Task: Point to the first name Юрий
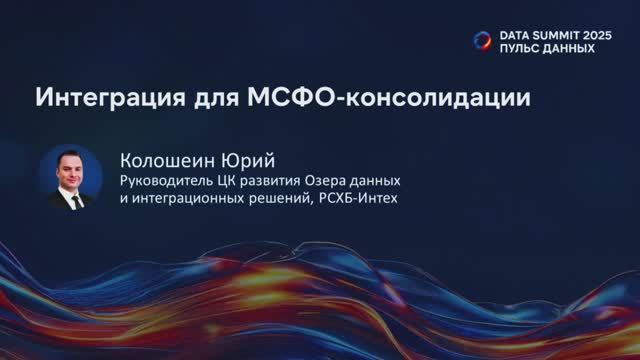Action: [x=245, y=160]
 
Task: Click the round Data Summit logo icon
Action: [x=482, y=40]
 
